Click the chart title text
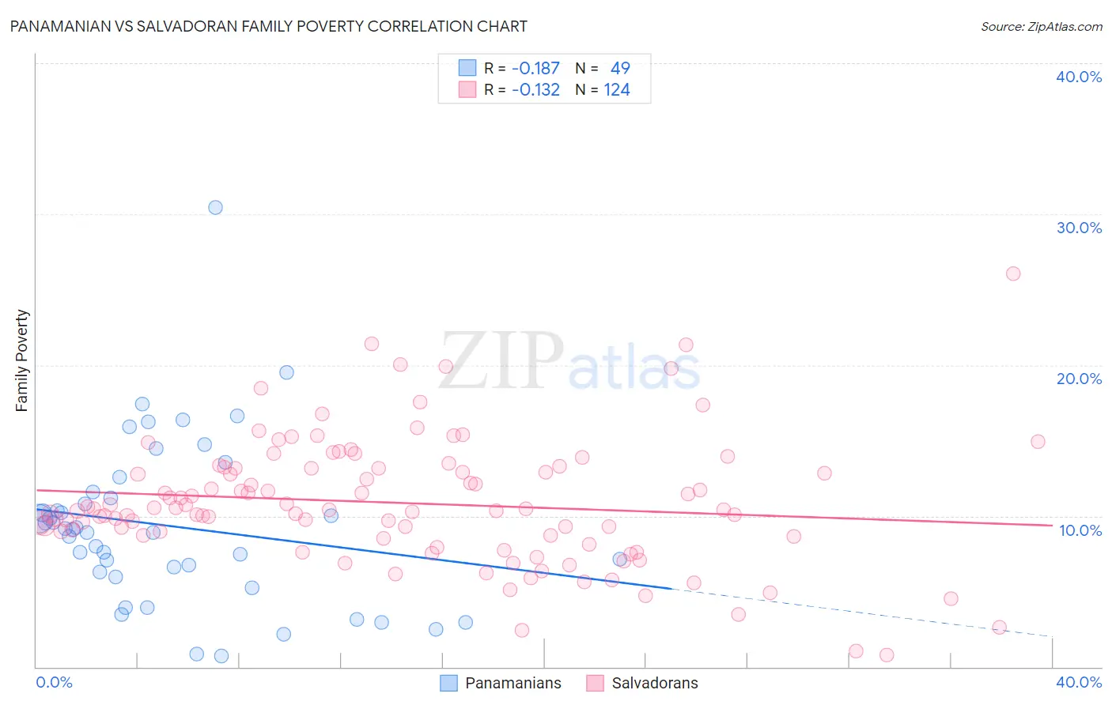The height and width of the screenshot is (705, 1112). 268,26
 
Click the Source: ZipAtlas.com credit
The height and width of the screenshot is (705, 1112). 1041,26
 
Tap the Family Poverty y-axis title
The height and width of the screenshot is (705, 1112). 22,360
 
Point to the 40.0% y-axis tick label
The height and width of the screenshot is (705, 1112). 1079,77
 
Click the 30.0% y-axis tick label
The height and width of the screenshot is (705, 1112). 1079,228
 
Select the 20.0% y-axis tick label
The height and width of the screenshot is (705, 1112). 1079,379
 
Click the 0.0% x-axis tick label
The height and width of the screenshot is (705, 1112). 54,682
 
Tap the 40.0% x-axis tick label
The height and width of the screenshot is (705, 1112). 1079,682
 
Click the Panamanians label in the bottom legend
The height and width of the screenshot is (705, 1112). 513,683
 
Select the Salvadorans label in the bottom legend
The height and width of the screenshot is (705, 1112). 655,683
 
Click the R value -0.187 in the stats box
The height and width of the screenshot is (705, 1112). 535,69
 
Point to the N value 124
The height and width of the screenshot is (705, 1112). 617,90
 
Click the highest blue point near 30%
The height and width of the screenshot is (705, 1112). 215,207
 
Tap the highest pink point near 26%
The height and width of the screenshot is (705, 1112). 1013,273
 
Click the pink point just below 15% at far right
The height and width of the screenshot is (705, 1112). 1038,442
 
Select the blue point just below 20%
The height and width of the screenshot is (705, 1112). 287,372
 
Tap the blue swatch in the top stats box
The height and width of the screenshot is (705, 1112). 467,68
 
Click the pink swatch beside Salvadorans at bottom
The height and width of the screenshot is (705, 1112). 595,683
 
